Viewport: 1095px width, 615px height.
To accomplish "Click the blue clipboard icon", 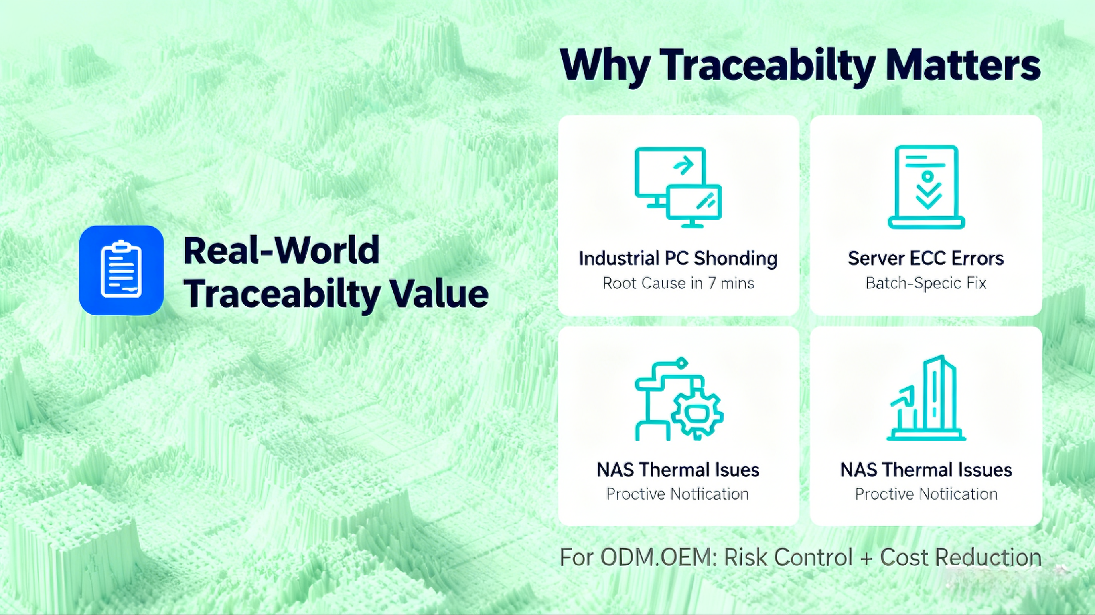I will pos(121,270).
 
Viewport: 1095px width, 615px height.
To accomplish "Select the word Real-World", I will pos(281,250).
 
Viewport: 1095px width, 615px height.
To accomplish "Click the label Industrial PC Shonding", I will pos(678,258).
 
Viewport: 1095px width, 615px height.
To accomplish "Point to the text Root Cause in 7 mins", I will pos(678,283).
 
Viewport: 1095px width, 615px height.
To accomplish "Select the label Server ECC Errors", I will pos(926,258).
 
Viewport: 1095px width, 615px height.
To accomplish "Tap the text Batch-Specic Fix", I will pos(926,283).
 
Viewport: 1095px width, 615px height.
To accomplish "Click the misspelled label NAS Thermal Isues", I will pos(678,470).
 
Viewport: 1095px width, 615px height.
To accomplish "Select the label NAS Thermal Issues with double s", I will pos(926,470).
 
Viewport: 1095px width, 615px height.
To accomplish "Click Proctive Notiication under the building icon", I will pos(926,494).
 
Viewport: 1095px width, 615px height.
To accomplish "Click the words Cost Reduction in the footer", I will pos(961,557).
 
